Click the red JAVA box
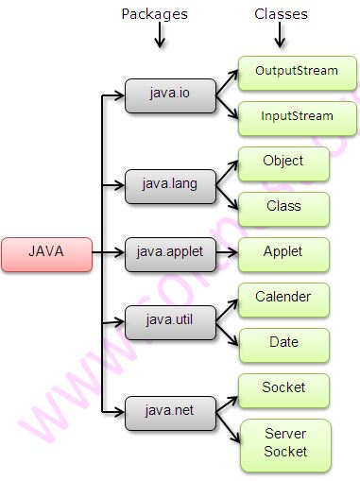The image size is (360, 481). pos(46,253)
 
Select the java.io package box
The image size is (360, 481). pos(170,94)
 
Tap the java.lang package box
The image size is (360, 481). pos(170,182)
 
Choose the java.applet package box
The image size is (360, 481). pos(170,252)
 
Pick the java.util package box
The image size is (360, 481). pos(170,321)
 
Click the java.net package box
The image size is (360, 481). pos(170,410)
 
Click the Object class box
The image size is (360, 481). pos(283,163)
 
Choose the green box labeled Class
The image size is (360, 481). pos(283,208)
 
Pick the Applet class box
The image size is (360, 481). pos(283,253)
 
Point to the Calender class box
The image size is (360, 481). pos(283,299)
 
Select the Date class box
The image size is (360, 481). pos(283,344)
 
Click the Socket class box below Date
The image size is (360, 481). pos(283,389)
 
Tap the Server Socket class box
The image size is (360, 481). pos(284,443)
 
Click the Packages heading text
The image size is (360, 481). pos(155,14)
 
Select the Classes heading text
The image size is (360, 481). pos(281,14)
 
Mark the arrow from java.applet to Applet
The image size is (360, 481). pos(227,253)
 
